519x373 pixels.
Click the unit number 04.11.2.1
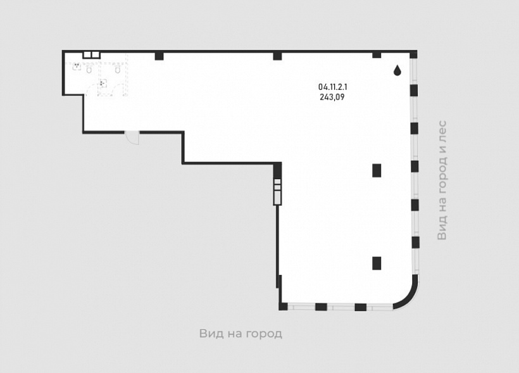(333, 87)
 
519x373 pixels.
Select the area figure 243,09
(332, 97)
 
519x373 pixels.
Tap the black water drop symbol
(397, 70)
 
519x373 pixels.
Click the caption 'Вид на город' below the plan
(241, 334)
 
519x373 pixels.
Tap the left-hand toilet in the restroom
(89, 70)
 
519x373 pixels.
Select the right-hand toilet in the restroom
(118, 70)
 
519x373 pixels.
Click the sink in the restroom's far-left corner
(77, 66)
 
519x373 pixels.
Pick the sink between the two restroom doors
(103, 83)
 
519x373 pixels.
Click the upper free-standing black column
(377, 170)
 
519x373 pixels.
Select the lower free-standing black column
(377, 263)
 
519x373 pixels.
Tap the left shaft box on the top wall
(87, 55)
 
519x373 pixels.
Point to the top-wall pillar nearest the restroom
(159, 56)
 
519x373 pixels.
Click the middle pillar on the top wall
(277, 56)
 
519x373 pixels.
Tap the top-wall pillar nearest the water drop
(377, 54)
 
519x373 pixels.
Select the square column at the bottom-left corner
(283, 306)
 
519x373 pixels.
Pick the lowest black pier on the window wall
(415, 242)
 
